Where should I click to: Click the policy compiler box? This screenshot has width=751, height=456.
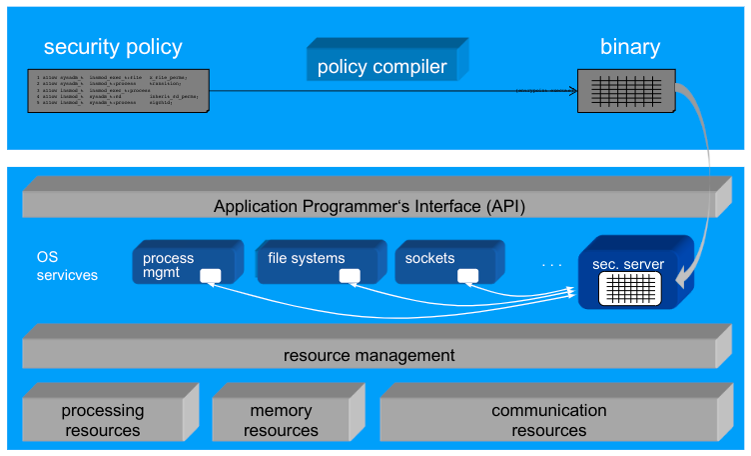(x=382, y=67)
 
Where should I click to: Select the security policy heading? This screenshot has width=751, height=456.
(x=113, y=47)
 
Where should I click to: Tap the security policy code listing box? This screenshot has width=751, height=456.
(x=117, y=91)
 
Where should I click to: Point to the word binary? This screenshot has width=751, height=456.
(x=629, y=47)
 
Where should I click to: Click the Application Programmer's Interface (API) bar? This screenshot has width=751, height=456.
(x=369, y=207)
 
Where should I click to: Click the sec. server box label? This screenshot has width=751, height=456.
(x=628, y=264)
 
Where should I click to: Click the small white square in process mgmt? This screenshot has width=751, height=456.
(x=210, y=276)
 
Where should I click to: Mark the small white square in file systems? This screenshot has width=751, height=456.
(x=349, y=276)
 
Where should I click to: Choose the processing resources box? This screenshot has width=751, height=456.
(x=103, y=420)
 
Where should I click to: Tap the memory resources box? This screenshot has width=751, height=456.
(x=281, y=420)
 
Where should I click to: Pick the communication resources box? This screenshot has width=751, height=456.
(x=548, y=420)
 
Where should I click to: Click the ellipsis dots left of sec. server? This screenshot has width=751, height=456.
(x=552, y=265)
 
